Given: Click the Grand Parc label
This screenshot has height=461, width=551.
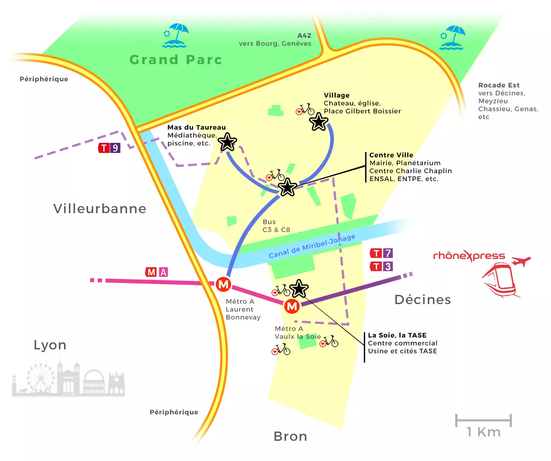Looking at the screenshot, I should pos(176,60).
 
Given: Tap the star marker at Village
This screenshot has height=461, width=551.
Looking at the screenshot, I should pos(319,122).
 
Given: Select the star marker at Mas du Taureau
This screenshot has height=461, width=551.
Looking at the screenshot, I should pos(227,142).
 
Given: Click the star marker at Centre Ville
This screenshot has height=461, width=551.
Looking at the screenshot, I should pos(287,188).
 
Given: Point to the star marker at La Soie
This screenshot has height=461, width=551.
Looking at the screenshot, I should pos(299,289).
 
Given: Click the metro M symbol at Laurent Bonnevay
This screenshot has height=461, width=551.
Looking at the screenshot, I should pos(223,284).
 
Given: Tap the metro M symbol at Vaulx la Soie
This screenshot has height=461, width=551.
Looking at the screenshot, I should pos(292,306).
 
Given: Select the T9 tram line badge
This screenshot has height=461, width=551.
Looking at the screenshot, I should pos(109,148).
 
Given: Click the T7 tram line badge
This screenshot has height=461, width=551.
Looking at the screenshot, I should pos(381,253).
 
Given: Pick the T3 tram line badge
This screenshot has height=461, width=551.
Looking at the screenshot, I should pos(381,266).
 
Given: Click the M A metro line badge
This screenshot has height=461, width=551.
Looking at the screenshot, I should pos(156,272).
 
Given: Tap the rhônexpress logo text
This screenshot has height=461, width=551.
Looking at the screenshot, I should pos(469,256).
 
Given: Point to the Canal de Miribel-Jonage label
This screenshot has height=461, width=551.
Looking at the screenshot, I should pos(312,246).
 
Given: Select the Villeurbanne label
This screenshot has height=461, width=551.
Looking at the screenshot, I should pos(100,208).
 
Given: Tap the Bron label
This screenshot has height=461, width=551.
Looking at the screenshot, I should pos(290,436).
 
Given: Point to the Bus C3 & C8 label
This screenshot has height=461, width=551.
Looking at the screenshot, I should pos(276,226).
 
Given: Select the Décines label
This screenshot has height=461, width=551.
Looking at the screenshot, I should pos(423,300).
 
